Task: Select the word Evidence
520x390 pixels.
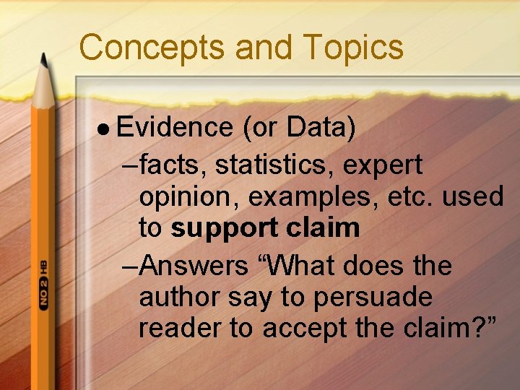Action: click(174, 127)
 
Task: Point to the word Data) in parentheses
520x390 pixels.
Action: click(321, 127)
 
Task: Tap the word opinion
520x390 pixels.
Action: click(187, 197)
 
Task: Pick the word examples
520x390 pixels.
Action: click(308, 197)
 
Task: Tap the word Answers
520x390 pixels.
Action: click(194, 266)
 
